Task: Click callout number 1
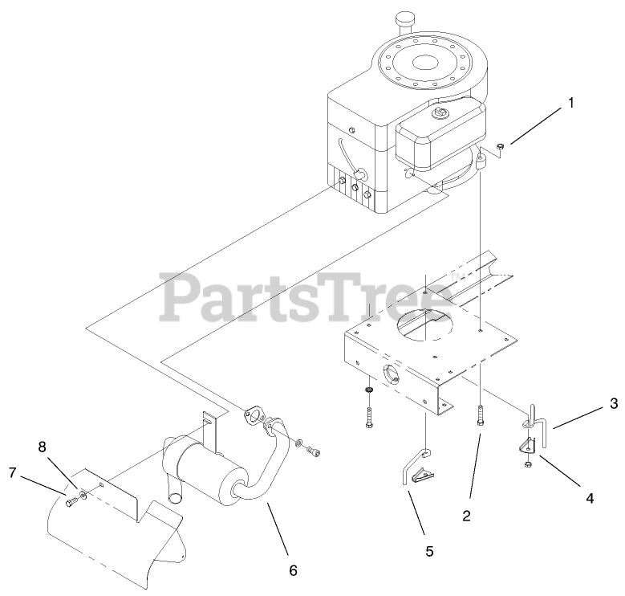coord(571,103)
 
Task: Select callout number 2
coord(466,516)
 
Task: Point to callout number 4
coord(590,498)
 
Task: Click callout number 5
coord(428,551)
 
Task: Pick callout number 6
coord(293,569)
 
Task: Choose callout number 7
coord(13,474)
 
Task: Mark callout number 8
coord(42,443)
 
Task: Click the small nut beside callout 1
coord(500,145)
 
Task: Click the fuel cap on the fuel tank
coord(439,114)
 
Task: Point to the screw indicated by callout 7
coord(71,501)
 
